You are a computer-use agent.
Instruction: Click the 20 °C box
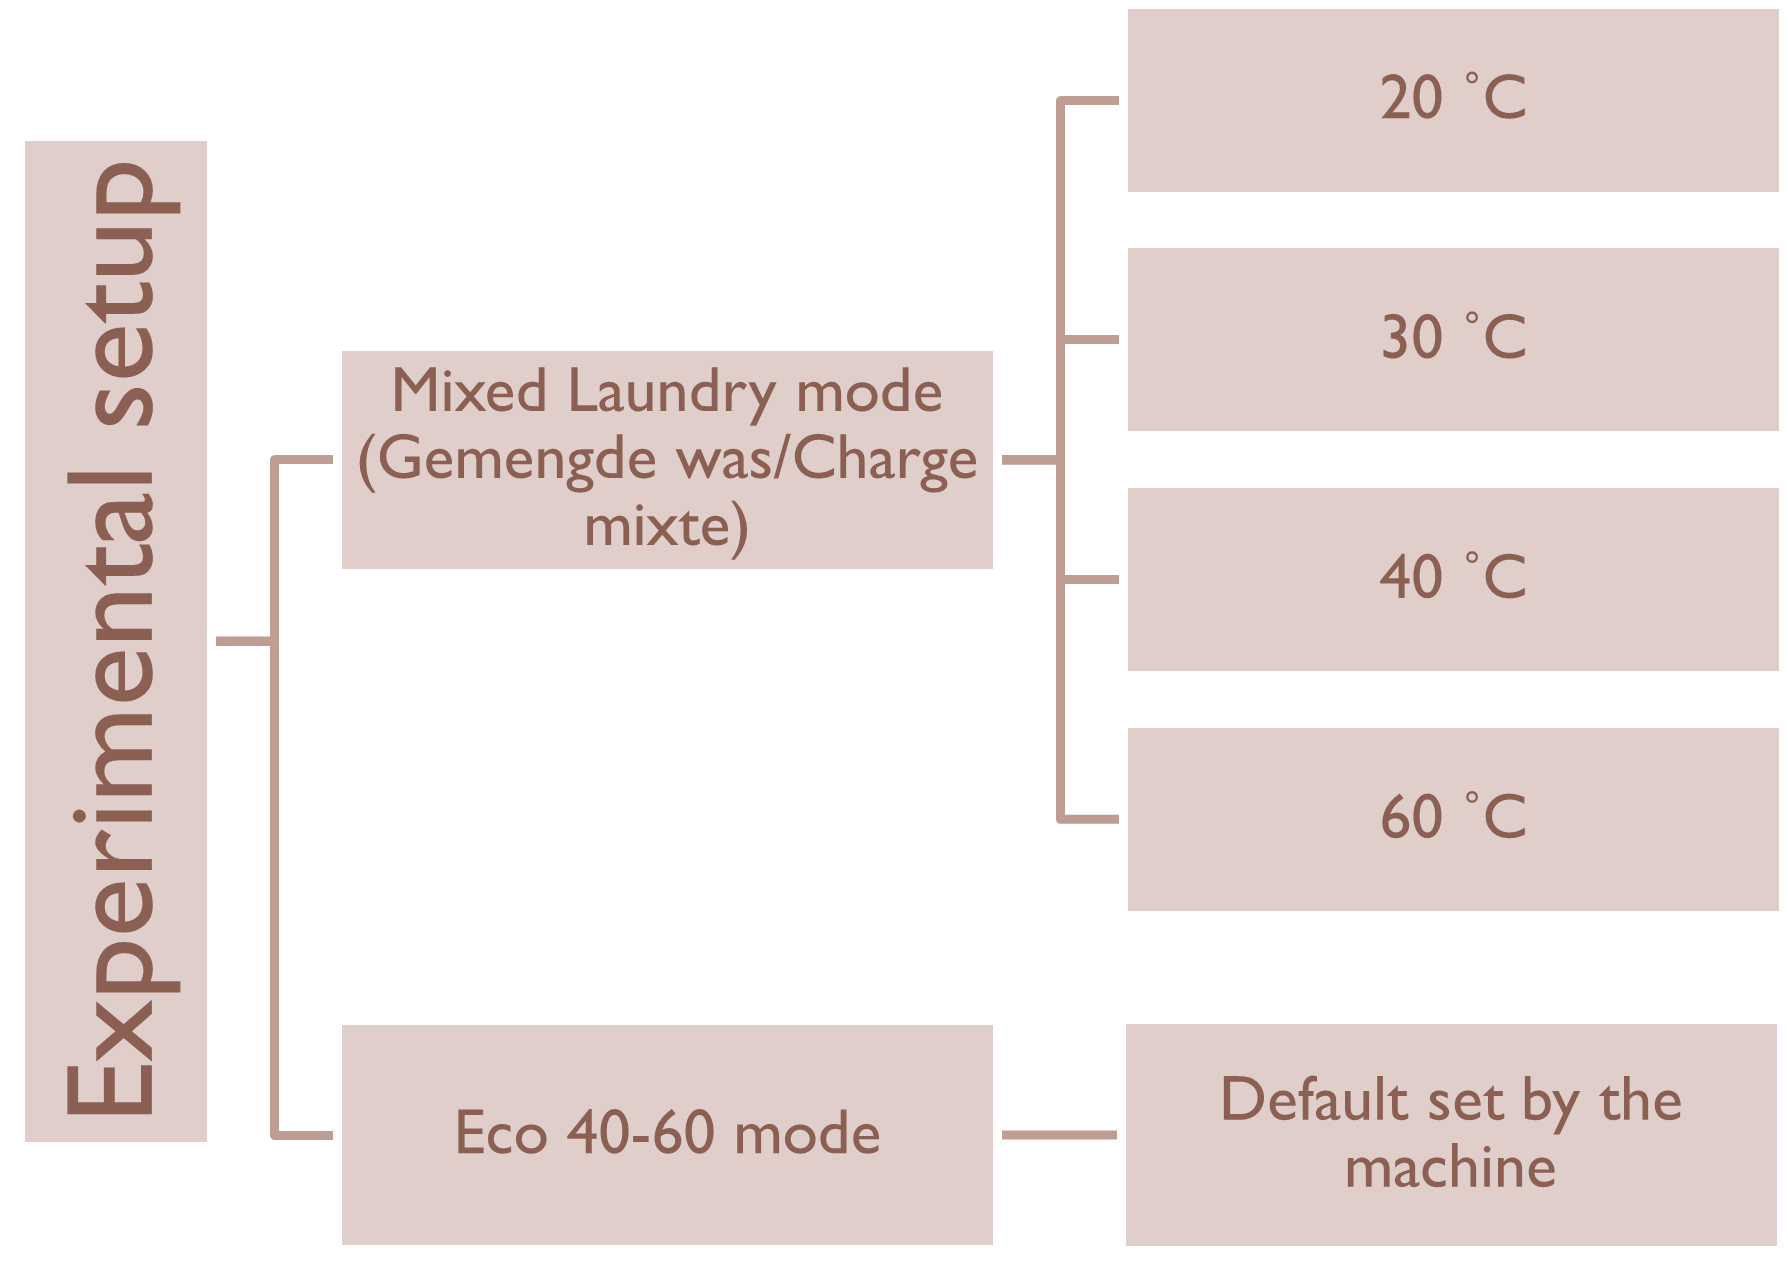pyautogui.click(x=1452, y=100)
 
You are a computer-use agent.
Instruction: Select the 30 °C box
pyautogui.click(x=1452, y=339)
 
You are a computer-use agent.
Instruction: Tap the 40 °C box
pyautogui.click(x=1452, y=579)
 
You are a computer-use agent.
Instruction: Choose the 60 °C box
pyautogui.click(x=1452, y=818)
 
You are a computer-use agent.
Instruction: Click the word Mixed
pyautogui.click(x=468, y=391)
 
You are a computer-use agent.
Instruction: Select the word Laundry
pyautogui.click(x=672, y=393)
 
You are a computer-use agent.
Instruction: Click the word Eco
pyautogui.click(x=501, y=1134)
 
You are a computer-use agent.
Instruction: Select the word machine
pyautogui.click(x=1450, y=1168)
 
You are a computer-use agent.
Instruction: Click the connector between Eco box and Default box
pyautogui.click(x=1059, y=1134)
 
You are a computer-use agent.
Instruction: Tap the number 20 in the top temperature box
pyautogui.click(x=1411, y=99)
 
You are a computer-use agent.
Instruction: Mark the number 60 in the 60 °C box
pyautogui.click(x=1411, y=817)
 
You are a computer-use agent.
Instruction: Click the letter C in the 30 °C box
pyautogui.click(x=1504, y=338)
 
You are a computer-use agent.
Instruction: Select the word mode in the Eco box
pyautogui.click(x=807, y=1134)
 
